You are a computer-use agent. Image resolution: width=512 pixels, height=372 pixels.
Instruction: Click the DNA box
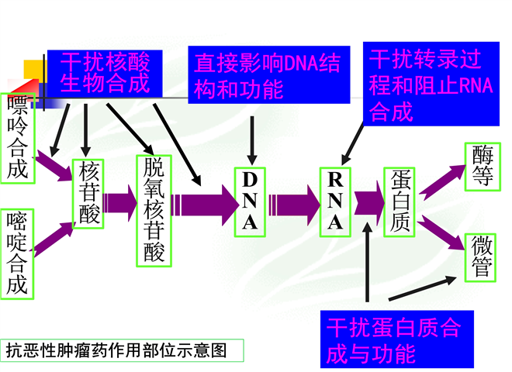(250, 202)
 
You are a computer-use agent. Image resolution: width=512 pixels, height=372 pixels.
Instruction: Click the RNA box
(335, 202)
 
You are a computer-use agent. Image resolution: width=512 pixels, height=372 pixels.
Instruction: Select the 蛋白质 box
(400, 202)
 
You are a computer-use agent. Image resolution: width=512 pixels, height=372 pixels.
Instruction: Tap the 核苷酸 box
(88, 194)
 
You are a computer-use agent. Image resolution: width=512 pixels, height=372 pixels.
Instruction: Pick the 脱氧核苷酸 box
(154, 211)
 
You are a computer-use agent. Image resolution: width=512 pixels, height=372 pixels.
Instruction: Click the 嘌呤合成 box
(18, 139)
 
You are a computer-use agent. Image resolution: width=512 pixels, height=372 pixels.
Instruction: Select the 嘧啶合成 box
(17, 254)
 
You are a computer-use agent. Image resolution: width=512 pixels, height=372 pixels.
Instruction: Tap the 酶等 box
(483, 167)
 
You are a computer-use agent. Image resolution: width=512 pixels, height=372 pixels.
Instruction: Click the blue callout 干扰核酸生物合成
(105, 74)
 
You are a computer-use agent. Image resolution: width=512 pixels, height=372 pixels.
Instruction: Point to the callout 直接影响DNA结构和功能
(269, 75)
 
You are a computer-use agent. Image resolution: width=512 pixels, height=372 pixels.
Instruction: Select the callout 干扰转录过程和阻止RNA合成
(431, 84)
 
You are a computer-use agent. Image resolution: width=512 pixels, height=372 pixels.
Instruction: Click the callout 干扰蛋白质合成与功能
(397, 339)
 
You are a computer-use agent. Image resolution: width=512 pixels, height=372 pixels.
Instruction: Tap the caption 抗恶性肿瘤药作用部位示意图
(122, 350)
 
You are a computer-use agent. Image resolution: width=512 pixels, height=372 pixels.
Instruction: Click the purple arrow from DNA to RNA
(294, 205)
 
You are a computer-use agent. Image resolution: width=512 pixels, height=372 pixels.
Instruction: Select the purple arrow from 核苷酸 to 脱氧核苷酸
(120, 203)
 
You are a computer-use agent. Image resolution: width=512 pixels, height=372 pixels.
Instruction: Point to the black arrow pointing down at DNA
(252, 140)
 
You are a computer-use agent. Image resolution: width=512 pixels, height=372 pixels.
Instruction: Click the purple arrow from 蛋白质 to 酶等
(442, 182)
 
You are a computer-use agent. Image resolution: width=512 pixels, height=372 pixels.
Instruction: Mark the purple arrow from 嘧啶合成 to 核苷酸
(54, 239)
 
